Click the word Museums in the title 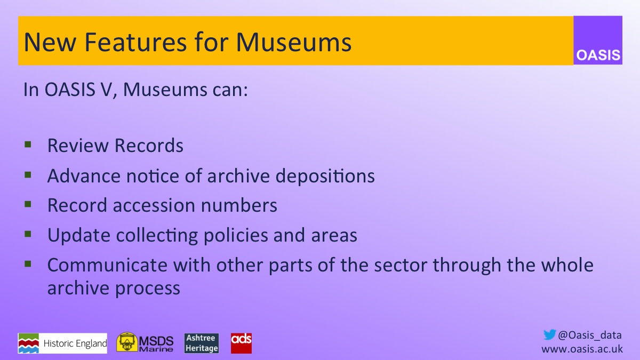coord(294,42)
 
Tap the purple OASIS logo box coord(598,41)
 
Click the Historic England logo coord(62,343)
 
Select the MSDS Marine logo coord(145,343)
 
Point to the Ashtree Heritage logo coord(202,343)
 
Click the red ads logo coord(241,343)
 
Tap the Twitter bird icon coord(549,335)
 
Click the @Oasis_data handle coord(590,335)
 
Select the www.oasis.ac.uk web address coord(582,349)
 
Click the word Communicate coord(107,265)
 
